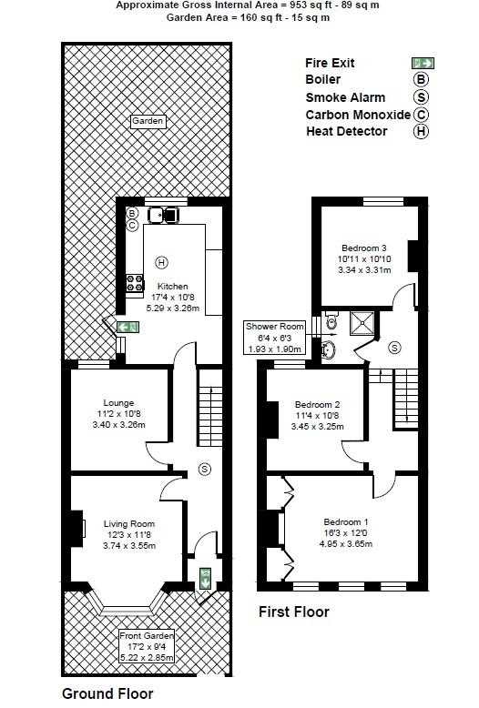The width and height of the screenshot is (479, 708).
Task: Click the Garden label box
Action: click(148, 121)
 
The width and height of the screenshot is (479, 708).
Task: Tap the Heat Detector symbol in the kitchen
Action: click(161, 262)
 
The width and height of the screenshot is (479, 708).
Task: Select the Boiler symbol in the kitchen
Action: click(132, 213)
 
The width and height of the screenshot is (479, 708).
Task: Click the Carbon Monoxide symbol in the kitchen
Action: click(132, 226)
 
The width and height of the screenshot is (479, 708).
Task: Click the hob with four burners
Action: click(135, 284)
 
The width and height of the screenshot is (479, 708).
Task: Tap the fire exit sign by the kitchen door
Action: click(127, 328)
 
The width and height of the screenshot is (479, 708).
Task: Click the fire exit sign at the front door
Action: click(205, 578)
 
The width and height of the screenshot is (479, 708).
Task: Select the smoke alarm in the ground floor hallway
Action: click(205, 470)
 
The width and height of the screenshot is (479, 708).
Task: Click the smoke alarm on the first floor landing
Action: click(395, 348)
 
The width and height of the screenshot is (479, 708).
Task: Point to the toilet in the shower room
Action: click(331, 320)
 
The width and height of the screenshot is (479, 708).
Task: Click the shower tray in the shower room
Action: click(362, 324)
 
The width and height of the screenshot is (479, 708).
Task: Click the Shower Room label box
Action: click(275, 338)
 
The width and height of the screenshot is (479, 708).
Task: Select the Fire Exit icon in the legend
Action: click(423, 63)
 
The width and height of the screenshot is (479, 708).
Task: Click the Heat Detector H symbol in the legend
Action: click(421, 131)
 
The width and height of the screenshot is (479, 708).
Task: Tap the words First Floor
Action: click(294, 612)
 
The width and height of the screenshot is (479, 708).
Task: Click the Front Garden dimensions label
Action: click(147, 647)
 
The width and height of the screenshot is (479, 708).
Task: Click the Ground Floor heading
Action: click(107, 693)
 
